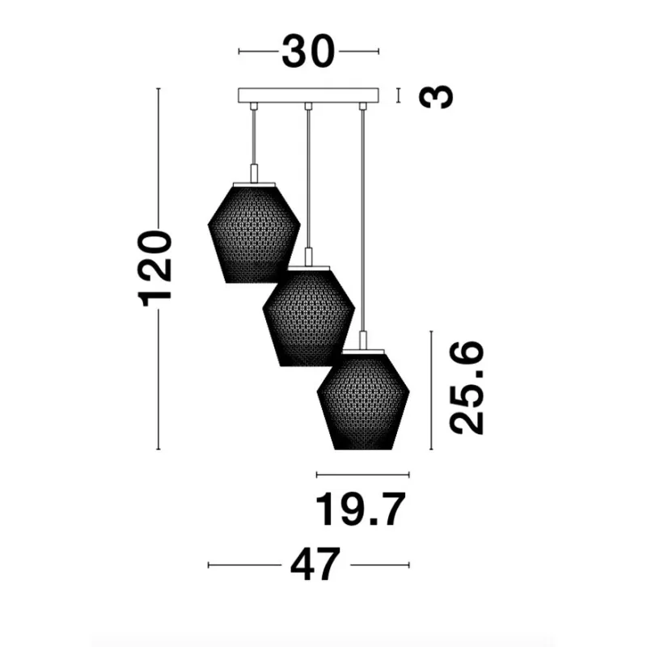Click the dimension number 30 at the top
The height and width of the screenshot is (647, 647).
[x=308, y=52]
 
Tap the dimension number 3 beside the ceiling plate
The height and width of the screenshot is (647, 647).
[x=436, y=96]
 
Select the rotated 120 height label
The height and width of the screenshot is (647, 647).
[x=154, y=269]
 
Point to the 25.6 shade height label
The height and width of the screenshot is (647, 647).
[x=467, y=388]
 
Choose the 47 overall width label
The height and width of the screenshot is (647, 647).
[x=315, y=564]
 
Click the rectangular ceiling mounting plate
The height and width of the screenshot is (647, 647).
[x=308, y=95]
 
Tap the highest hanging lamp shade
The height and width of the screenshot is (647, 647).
[x=254, y=233]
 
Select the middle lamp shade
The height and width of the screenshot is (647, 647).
[x=309, y=316]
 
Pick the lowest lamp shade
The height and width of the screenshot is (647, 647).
[x=363, y=400]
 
